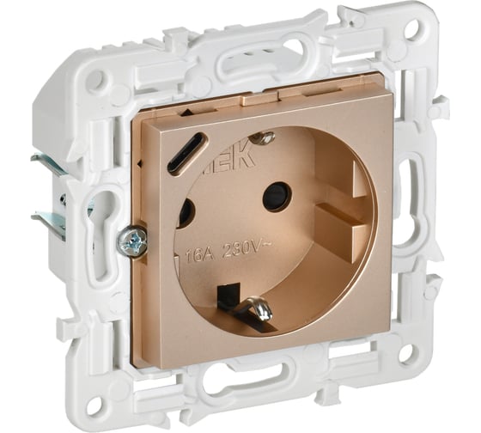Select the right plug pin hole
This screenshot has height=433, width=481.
tap(277, 196)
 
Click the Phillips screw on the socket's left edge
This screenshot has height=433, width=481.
tap(134, 242)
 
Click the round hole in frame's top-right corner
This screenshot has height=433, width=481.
tap(411, 32)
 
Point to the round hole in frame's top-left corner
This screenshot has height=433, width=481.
tap(97, 81)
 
